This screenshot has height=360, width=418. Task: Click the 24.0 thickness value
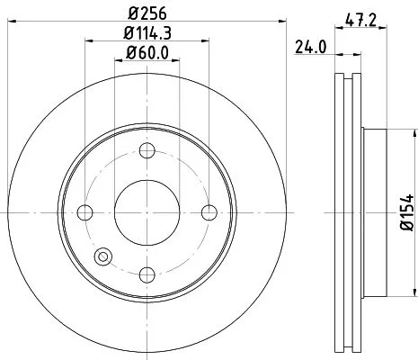tap(311, 49)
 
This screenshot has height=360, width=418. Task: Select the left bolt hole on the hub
tap(86, 212)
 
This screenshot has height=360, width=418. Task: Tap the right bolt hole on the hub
tap(209, 212)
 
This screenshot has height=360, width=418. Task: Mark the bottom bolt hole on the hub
tap(147, 274)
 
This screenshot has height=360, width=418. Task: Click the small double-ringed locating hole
tap(103, 256)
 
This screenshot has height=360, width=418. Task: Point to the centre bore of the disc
tap(147, 212)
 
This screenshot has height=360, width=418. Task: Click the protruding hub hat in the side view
tap(376, 212)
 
